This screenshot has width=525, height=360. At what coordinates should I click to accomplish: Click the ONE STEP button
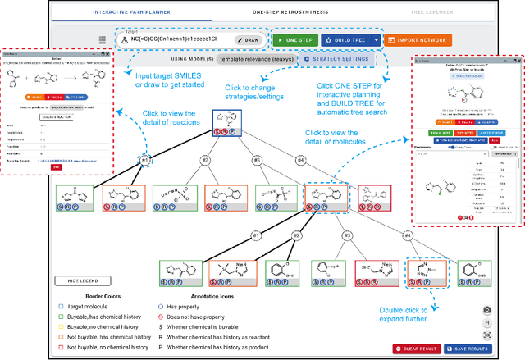point(293,39)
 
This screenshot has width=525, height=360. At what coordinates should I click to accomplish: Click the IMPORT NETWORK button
point(417,39)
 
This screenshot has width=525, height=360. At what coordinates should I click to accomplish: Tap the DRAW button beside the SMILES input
point(250,39)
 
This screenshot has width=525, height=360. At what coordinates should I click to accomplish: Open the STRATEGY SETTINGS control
point(336,59)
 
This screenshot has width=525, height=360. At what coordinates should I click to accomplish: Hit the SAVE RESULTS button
point(466,349)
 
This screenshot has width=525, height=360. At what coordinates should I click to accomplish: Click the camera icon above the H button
point(488,309)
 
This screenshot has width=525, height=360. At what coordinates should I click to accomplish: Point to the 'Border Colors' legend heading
point(104,294)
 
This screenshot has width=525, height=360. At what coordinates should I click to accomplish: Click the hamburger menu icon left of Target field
point(101,39)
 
